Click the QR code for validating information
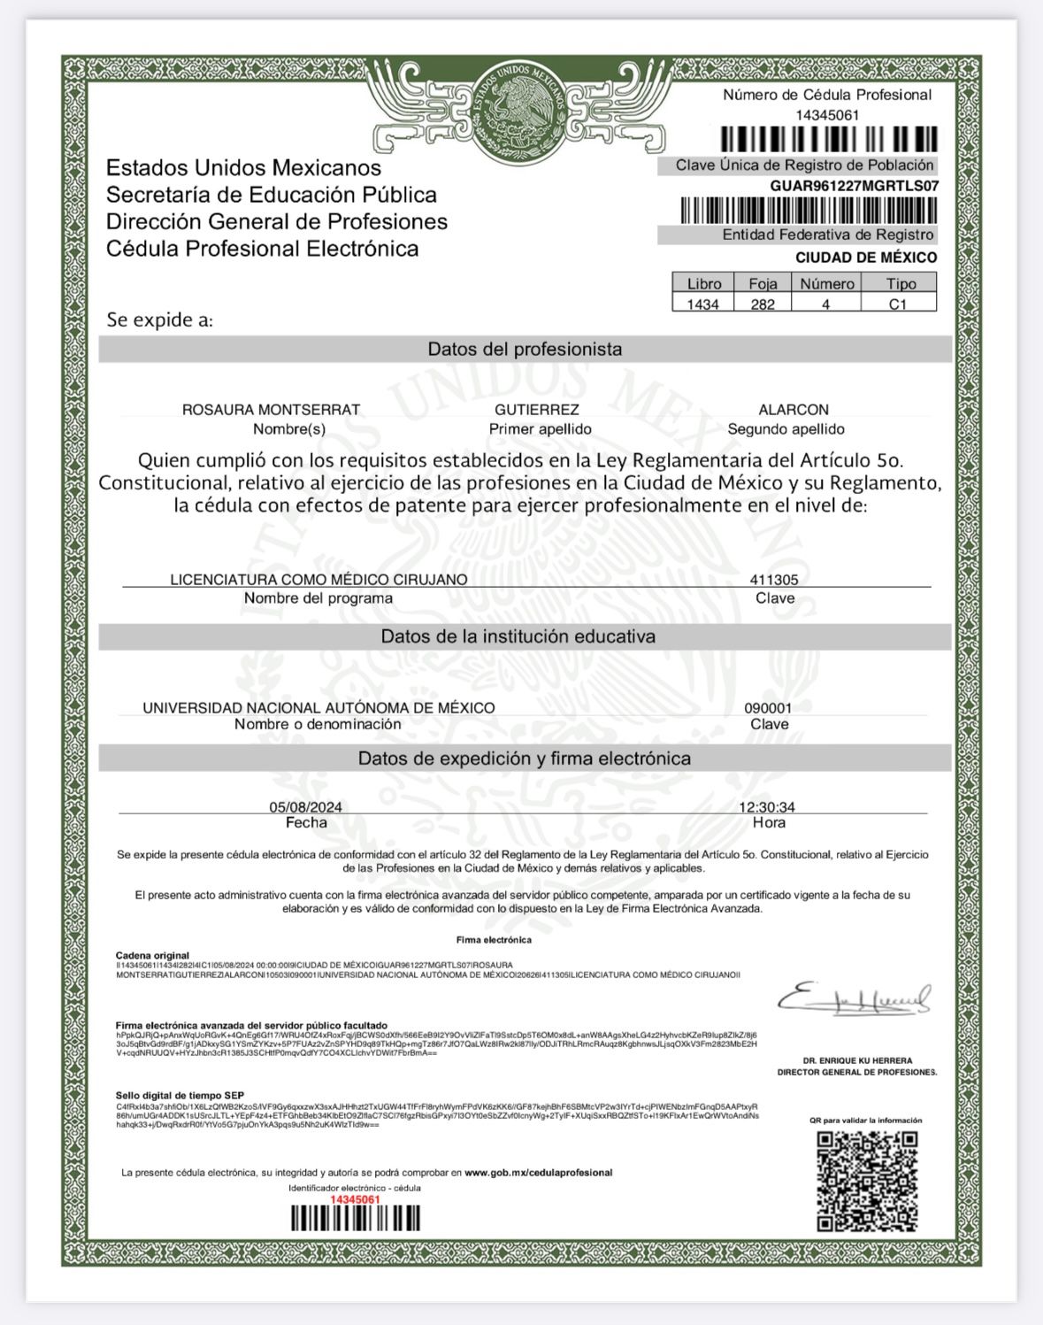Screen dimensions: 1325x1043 tap(867, 1181)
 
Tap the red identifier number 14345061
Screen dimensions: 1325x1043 tap(355, 1198)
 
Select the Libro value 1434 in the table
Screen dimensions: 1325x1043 tap(703, 304)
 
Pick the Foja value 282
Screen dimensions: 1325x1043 tap(763, 304)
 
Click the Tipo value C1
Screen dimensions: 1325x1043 tap(898, 304)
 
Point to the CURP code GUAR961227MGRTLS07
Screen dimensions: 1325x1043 tap(854, 186)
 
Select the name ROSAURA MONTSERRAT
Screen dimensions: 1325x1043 tap(271, 410)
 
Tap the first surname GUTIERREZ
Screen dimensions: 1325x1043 tap(537, 410)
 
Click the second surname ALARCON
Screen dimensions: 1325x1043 tap(794, 410)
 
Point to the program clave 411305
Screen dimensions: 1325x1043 tap(774, 580)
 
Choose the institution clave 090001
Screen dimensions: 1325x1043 tap(768, 708)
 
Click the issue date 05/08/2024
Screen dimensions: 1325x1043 tap(305, 807)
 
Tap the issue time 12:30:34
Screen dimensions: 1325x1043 tap(767, 807)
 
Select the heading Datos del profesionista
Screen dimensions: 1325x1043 tap(525, 349)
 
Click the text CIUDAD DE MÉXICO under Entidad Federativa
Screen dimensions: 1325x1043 tap(865, 258)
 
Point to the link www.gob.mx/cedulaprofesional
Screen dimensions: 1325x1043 tap(540, 1173)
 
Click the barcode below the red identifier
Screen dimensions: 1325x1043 tap(356, 1219)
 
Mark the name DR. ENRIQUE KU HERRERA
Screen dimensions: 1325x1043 tap(857, 1060)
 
